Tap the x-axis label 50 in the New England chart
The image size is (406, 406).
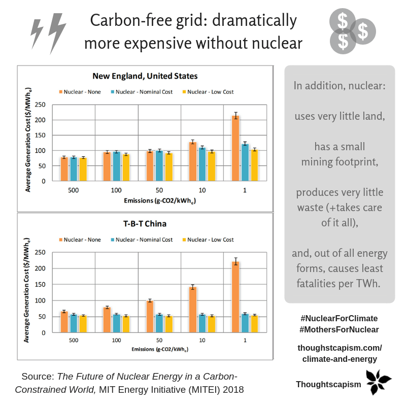pyautogui.click(x=159, y=191)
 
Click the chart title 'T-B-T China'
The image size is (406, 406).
pyautogui.click(x=145, y=224)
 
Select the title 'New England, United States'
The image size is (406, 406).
pyautogui.click(x=145, y=76)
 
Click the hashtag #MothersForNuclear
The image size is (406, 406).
pyautogui.click(x=339, y=329)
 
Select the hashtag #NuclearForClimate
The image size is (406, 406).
pyautogui.click(x=339, y=318)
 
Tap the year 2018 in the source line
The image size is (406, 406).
pyautogui.click(x=233, y=390)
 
